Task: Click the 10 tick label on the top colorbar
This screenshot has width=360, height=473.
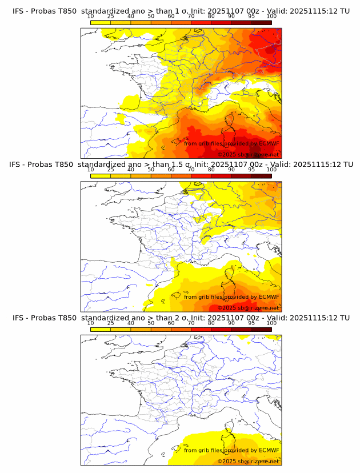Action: point(91,16)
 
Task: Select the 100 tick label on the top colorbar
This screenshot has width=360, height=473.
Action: point(271,16)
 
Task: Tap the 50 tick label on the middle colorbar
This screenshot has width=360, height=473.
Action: point(151,169)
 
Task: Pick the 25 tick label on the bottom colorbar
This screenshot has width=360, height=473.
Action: point(111,323)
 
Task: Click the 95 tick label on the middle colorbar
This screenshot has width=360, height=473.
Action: point(251,169)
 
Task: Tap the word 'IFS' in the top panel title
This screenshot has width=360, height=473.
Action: point(19,10)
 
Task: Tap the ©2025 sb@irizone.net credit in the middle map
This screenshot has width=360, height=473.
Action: point(248,308)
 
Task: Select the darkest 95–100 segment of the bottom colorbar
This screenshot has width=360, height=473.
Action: point(261,329)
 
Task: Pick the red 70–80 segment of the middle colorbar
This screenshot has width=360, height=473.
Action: point(201,175)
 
